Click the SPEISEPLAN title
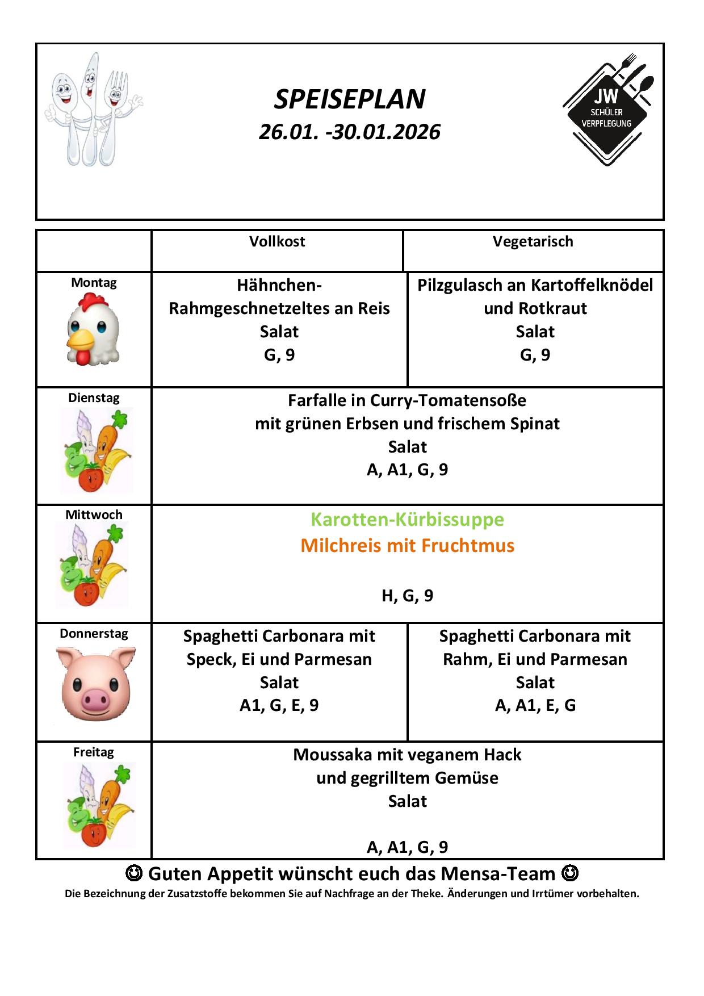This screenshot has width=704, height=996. coord(350,99)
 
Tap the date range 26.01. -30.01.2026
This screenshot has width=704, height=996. coord(350,132)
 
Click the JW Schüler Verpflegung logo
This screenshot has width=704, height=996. coord(607,109)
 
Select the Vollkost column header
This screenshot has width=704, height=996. coord(277,241)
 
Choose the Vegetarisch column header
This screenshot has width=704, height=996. coord(533,241)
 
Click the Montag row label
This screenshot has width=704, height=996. coord(94,283)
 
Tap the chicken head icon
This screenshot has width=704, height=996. coord(93,332)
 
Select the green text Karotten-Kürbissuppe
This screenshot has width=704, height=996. coord(407,520)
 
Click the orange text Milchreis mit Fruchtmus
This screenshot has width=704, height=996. coord(407,546)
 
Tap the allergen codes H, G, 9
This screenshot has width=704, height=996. coord(407,596)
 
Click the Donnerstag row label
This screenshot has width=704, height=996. coord(94,634)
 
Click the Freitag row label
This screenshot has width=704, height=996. coord(94,752)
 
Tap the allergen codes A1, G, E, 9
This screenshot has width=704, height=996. coord(279,705)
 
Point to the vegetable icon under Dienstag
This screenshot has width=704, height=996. coord(97,450)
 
